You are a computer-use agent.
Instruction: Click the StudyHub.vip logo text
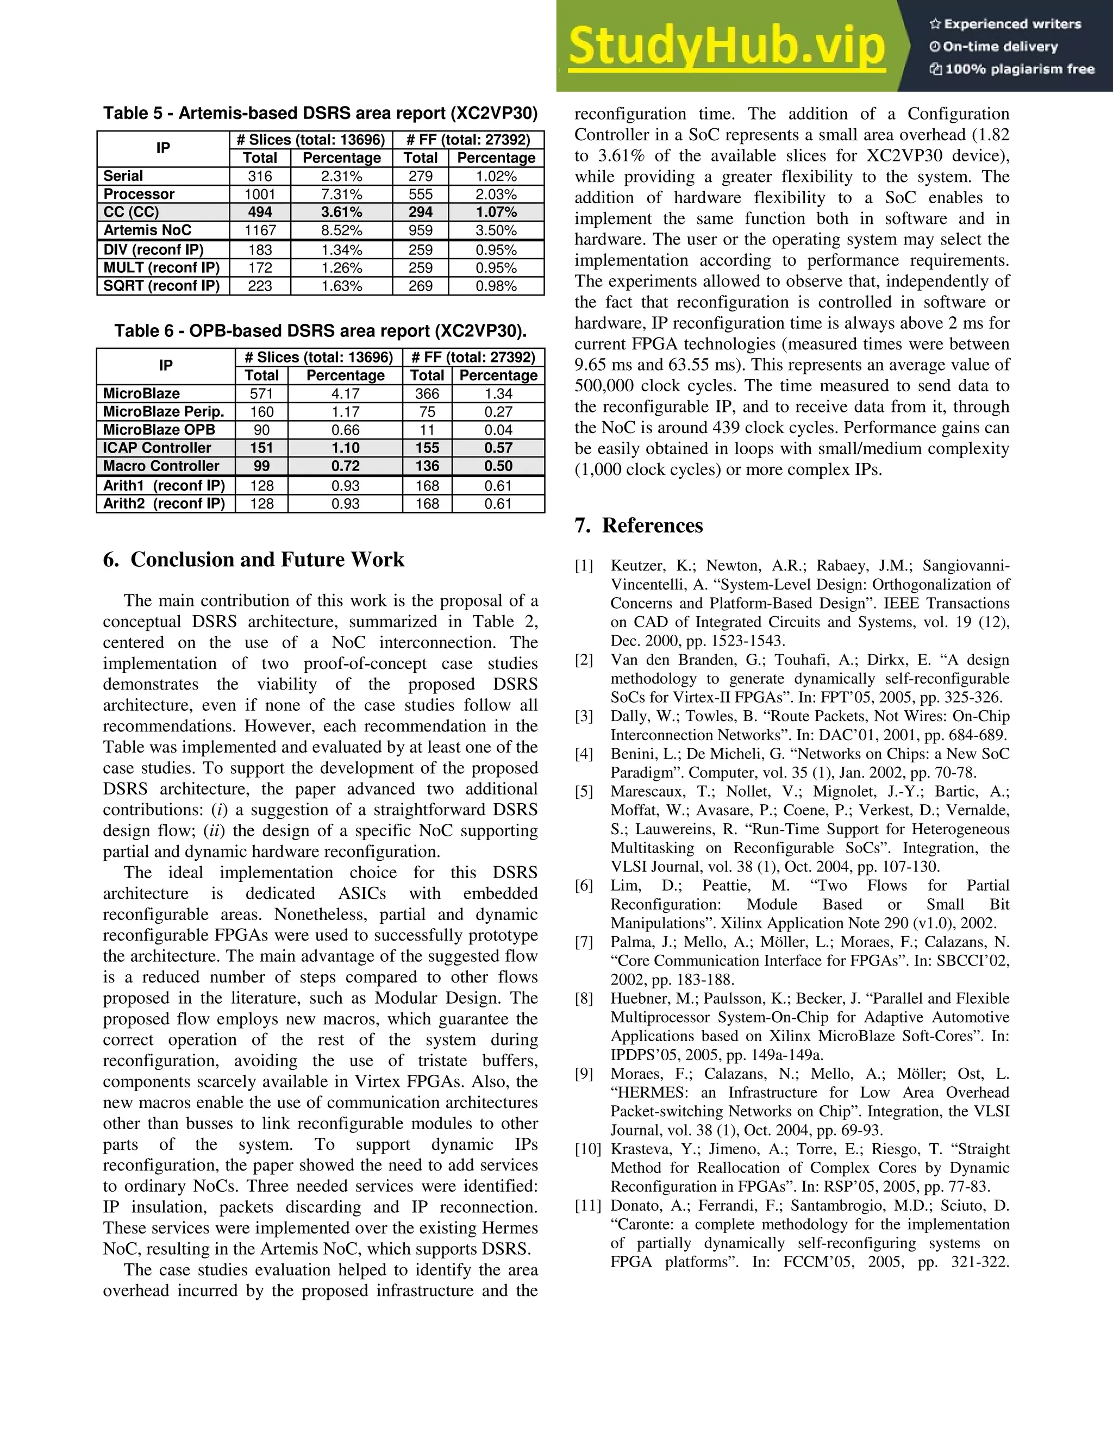point(726,46)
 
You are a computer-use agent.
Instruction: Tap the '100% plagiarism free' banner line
point(1011,69)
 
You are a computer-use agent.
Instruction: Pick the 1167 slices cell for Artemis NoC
point(260,230)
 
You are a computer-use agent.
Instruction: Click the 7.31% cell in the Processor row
point(341,194)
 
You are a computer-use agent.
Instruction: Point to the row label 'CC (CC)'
point(131,211)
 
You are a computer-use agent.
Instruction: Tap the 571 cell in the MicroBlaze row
point(262,393)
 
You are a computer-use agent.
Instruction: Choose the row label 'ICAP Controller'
point(157,448)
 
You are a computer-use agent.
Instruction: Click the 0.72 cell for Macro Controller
point(345,466)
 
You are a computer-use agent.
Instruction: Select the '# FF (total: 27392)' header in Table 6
point(473,358)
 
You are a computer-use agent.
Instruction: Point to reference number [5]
point(584,791)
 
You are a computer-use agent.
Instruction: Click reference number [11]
point(587,1205)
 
